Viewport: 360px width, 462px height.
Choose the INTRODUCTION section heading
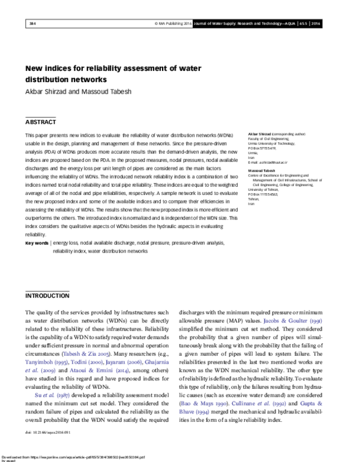(x=47, y=296)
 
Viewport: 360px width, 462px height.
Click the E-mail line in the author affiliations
(x=269, y=163)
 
